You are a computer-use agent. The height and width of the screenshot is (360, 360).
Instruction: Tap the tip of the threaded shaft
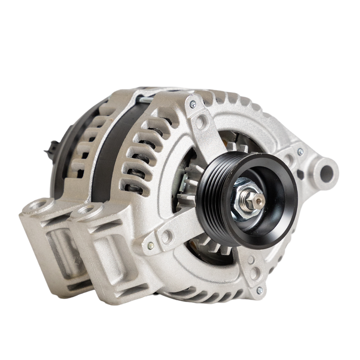[259, 201]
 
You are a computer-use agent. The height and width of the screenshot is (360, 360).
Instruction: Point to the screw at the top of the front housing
[193, 104]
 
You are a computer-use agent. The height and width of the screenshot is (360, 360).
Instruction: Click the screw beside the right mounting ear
[300, 152]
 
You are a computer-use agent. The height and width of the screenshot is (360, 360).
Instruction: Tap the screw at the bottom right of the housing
[260, 290]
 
